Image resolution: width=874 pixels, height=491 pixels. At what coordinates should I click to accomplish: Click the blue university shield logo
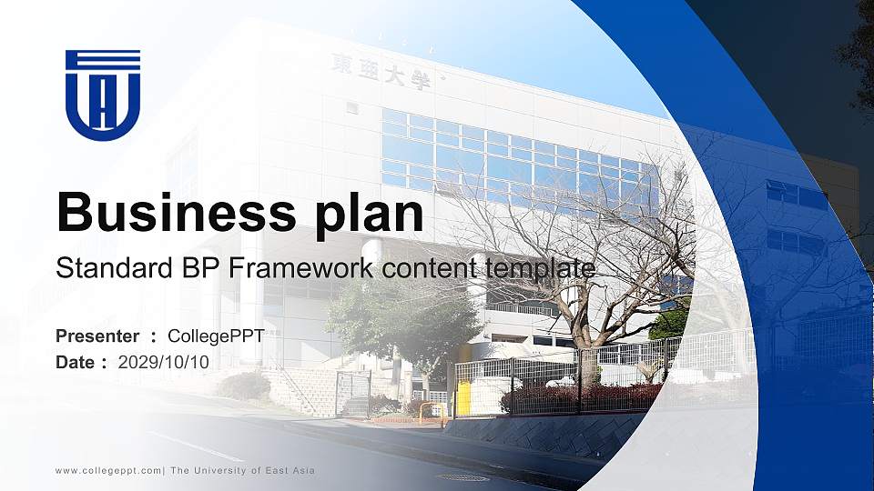pyautogui.click(x=103, y=95)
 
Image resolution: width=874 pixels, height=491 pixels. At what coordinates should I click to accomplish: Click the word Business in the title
pyautogui.click(x=170, y=213)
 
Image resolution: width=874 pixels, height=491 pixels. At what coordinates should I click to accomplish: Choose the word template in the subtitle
pyautogui.click(x=540, y=268)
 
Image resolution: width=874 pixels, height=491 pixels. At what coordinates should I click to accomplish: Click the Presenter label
pyautogui.click(x=97, y=336)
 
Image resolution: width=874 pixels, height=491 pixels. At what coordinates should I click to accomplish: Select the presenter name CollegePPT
pyautogui.click(x=217, y=336)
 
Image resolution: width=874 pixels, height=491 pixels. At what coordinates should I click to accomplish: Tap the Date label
pyautogui.click(x=76, y=362)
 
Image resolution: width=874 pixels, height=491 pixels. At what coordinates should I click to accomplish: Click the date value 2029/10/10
pyautogui.click(x=164, y=362)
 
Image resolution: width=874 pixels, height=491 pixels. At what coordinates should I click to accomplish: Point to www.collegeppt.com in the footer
pyautogui.click(x=108, y=470)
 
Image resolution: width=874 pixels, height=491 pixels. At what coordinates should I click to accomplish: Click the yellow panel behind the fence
pyautogui.click(x=464, y=398)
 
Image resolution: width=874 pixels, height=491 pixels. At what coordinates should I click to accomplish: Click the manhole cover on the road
pyautogui.click(x=462, y=476)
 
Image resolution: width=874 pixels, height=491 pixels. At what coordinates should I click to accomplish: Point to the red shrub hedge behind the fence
pyautogui.click(x=583, y=396)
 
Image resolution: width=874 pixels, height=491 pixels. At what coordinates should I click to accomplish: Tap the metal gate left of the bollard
pyautogui.click(x=353, y=394)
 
